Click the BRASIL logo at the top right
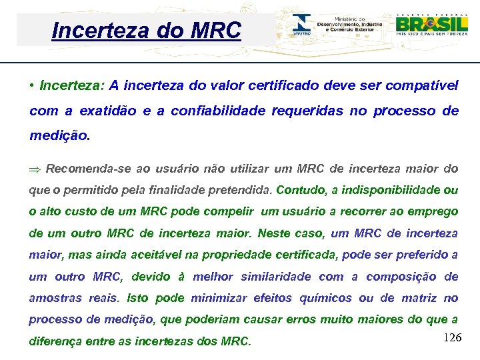point(431,25)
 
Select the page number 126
point(451,338)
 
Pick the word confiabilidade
point(217,111)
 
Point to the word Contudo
point(300,190)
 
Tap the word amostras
point(54,298)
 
